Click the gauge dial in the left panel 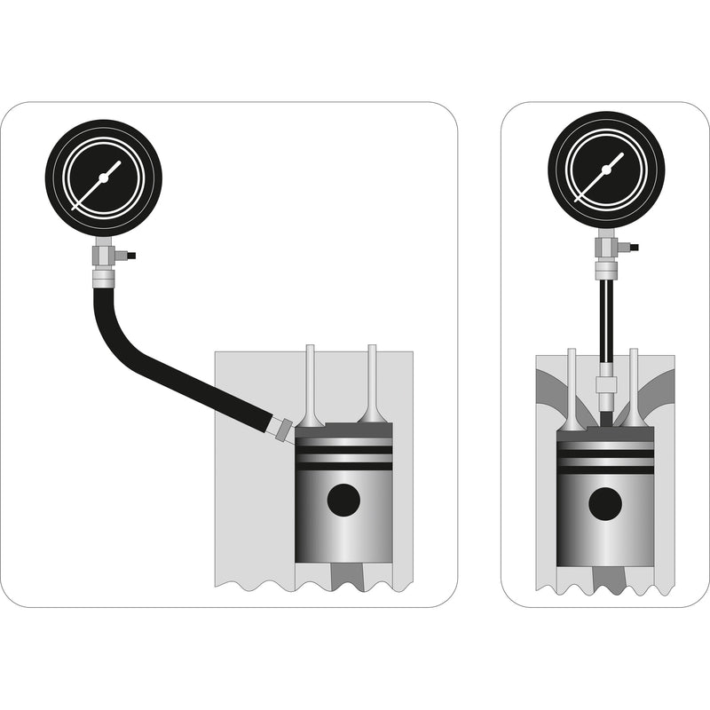[103, 177]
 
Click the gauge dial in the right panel [606, 169]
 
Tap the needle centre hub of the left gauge [103, 177]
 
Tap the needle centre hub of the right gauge [606, 169]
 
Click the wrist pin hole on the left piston [343, 500]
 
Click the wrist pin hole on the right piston [605, 504]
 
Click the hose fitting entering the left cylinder [282, 429]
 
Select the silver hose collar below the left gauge [104, 279]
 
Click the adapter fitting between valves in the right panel [606, 384]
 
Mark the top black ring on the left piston [343, 450]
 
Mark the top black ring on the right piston [605, 454]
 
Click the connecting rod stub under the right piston [605, 581]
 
